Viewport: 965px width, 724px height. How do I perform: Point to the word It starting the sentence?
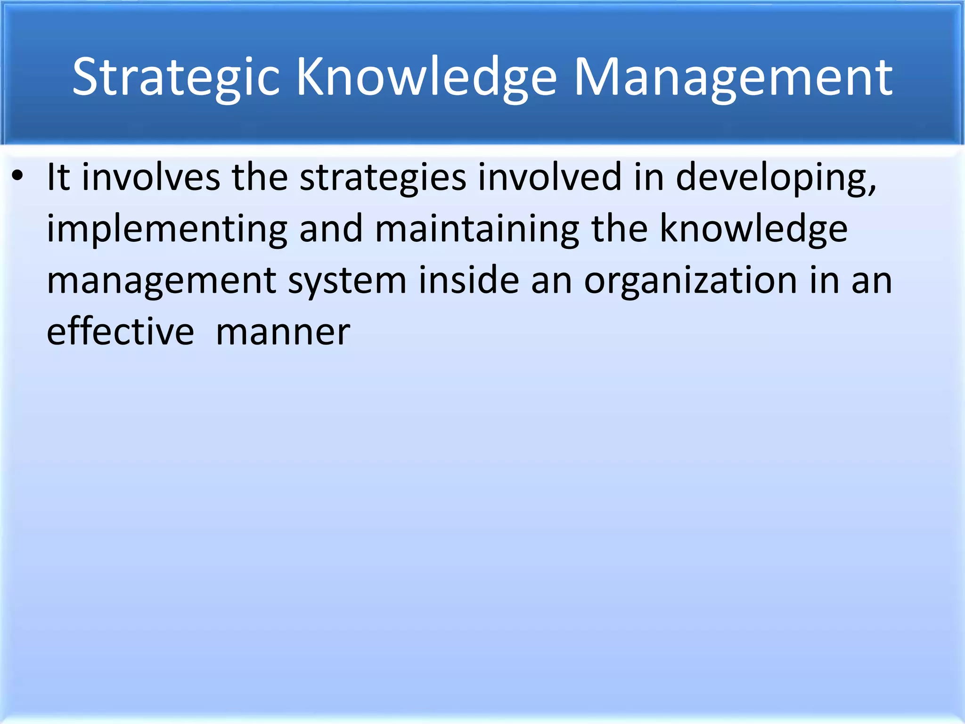[x=58, y=177]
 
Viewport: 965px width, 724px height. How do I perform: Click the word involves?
[x=151, y=177]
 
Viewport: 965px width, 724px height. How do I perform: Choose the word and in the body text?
[x=331, y=229]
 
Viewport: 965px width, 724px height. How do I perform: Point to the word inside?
[x=468, y=280]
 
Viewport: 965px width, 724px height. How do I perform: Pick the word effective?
[x=120, y=332]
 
